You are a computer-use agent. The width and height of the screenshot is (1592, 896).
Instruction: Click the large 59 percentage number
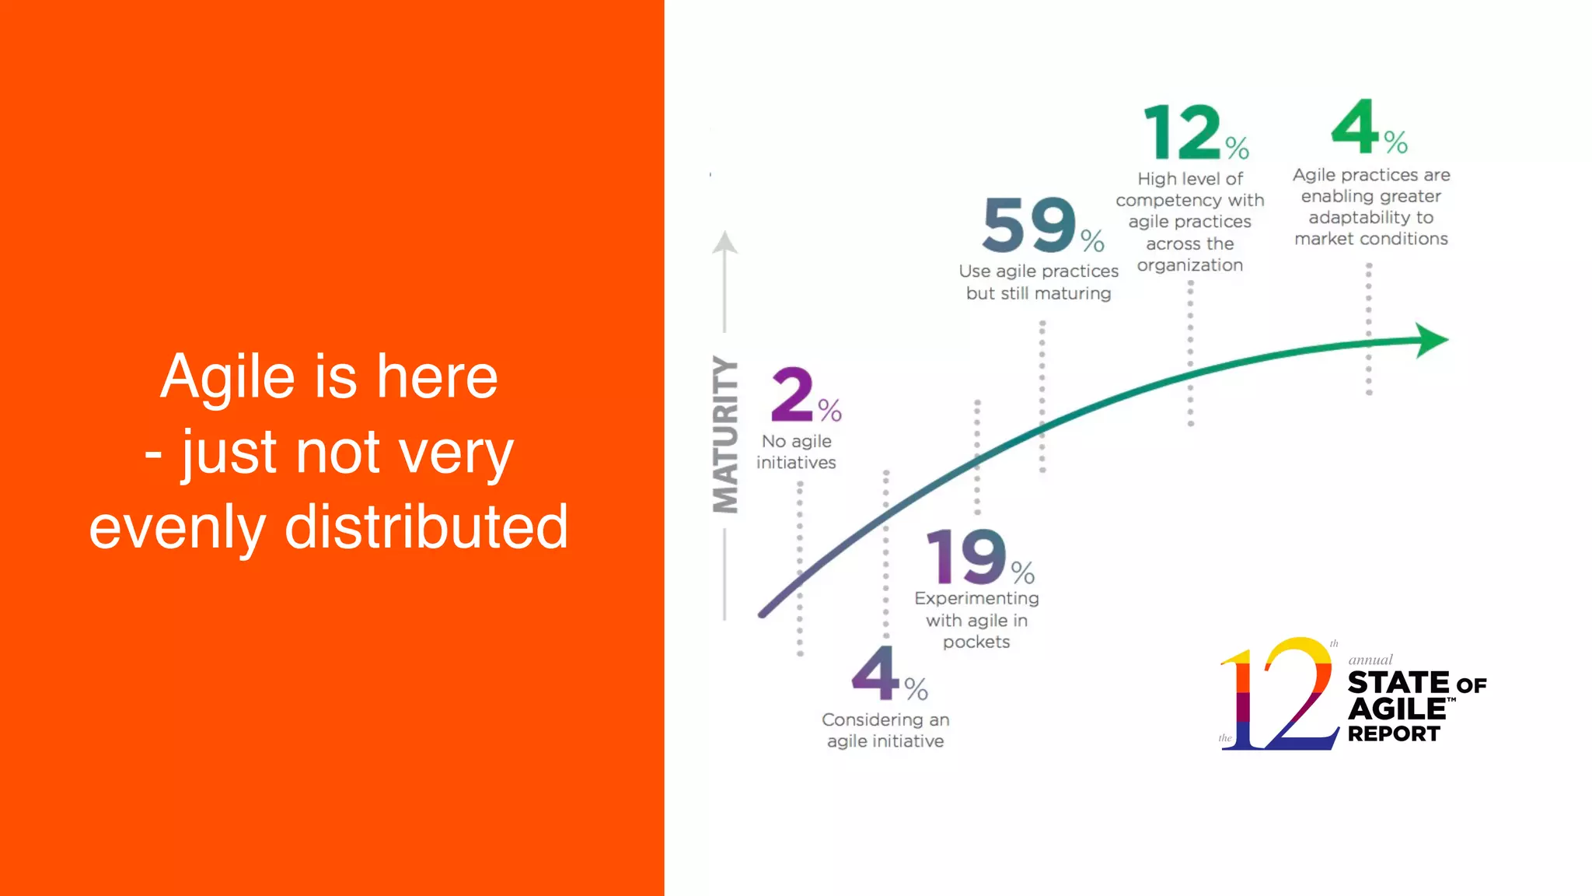point(1029,226)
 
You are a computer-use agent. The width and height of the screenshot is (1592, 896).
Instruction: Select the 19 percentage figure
point(966,557)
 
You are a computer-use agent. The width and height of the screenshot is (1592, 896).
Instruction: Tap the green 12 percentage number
point(1182,132)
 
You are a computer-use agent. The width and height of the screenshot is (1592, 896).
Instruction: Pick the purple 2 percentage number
point(792,394)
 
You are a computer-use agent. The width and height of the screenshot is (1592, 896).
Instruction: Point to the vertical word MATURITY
point(725,435)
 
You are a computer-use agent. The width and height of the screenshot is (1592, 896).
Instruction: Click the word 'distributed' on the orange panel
point(426,527)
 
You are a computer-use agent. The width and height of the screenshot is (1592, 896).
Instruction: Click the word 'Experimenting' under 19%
point(976,598)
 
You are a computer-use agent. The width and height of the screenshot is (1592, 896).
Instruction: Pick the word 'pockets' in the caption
point(976,642)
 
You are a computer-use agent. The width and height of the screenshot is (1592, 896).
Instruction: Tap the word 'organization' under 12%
point(1189,265)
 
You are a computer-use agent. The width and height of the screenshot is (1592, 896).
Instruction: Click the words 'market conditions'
point(1370,239)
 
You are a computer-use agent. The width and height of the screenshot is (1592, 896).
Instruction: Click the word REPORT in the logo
point(1393,733)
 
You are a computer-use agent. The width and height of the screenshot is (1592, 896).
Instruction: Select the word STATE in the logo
point(1398,683)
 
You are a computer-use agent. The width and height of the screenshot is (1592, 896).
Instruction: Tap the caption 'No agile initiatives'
point(796,452)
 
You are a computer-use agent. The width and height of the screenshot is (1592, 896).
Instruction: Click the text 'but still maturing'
point(1039,293)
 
